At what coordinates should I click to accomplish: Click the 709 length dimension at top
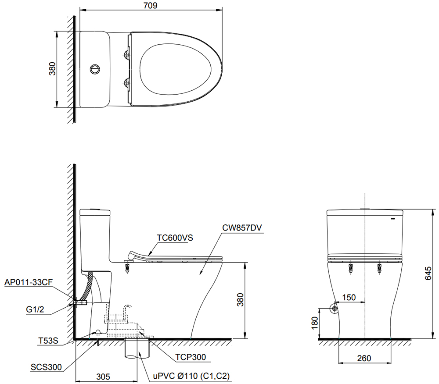click(150, 5)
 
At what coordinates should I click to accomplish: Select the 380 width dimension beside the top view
click(52, 69)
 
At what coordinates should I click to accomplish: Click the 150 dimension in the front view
click(349, 298)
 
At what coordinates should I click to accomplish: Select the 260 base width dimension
click(364, 358)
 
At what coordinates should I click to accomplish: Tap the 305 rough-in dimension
click(102, 376)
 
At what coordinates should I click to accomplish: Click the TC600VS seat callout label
click(175, 238)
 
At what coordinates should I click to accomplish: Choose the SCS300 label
click(46, 366)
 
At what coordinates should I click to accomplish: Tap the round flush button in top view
click(95, 69)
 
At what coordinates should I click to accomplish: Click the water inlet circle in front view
click(335, 309)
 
